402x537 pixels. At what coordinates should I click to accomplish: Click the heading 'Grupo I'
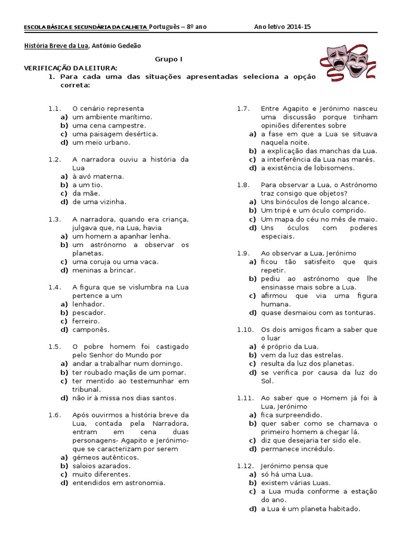[169, 60]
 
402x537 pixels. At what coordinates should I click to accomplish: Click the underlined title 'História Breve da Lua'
[57, 46]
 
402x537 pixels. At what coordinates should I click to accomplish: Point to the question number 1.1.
[55, 109]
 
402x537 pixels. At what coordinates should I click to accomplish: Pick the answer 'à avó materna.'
[98, 176]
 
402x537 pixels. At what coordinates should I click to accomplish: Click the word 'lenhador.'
[88, 304]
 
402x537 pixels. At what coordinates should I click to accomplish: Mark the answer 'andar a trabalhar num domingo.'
[127, 363]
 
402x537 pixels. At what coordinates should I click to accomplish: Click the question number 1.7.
[242, 109]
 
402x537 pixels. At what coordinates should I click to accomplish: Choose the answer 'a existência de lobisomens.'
[308, 168]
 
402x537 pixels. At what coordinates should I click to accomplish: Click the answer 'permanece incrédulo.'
[298, 448]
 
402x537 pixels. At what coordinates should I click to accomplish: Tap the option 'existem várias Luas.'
[296, 482]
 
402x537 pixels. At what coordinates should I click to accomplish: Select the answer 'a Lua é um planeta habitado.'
[311, 508]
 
